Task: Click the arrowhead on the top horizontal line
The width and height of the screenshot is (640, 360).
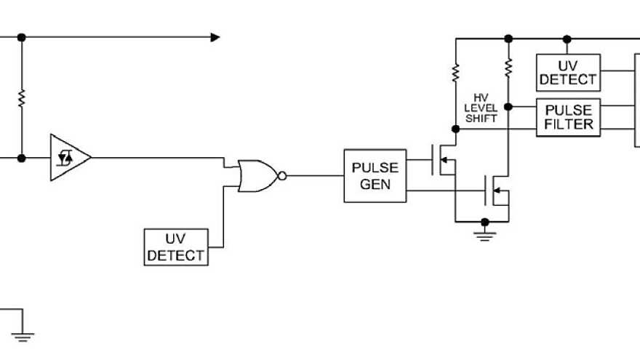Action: [x=215, y=37]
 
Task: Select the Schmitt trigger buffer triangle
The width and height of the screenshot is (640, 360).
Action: [x=68, y=157]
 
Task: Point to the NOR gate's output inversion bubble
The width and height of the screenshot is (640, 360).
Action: [x=283, y=175]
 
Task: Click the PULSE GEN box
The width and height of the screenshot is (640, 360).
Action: [x=375, y=175]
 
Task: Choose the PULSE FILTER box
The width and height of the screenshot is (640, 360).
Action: [x=569, y=116]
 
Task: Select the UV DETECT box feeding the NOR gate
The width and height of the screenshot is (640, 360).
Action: [x=175, y=247]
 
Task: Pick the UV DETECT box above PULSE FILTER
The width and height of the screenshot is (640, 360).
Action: [x=568, y=72]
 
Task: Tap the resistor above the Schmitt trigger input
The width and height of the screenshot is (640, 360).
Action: [x=21, y=97]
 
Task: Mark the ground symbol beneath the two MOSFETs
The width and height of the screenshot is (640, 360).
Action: [x=484, y=233]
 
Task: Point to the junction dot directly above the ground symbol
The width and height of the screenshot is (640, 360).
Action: [x=484, y=220]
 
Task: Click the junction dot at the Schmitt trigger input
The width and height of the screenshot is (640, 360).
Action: [x=21, y=158]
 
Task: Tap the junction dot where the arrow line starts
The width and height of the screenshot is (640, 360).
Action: [x=21, y=37]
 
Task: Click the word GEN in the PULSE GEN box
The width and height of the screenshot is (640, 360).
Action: [x=375, y=185]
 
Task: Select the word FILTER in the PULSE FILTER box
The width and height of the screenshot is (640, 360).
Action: [x=569, y=124]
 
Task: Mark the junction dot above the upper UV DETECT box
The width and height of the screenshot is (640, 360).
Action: [x=567, y=37]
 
